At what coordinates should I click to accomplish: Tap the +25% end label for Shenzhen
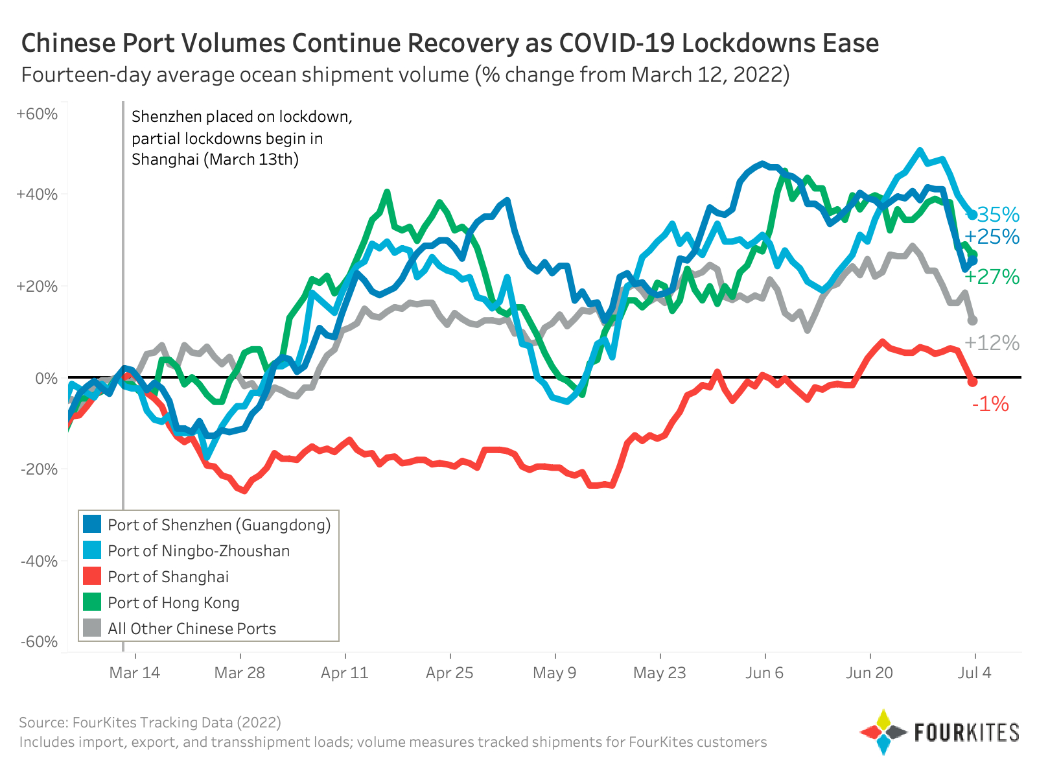click(992, 237)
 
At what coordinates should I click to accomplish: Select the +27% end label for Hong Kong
click(992, 277)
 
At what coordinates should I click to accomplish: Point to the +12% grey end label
click(992, 343)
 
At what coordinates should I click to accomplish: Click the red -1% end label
click(990, 405)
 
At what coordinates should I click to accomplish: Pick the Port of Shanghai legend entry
click(168, 576)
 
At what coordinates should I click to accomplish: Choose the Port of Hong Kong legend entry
click(173, 602)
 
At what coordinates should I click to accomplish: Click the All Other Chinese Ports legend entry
click(191, 628)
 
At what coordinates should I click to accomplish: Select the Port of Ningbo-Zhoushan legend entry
click(198, 550)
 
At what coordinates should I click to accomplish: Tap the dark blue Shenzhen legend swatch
click(93, 525)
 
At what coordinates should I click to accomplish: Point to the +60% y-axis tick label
click(38, 114)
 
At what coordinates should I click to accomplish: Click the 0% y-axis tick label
click(47, 377)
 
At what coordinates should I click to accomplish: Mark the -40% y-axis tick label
click(40, 561)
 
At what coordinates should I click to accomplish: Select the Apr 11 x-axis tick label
click(345, 672)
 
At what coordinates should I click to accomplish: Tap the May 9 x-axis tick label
click(554, 672)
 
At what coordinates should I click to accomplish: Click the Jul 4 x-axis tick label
click(975, 672)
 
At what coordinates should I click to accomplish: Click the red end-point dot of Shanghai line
click(972, 382)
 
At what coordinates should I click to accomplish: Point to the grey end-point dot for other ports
click(972, 320)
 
